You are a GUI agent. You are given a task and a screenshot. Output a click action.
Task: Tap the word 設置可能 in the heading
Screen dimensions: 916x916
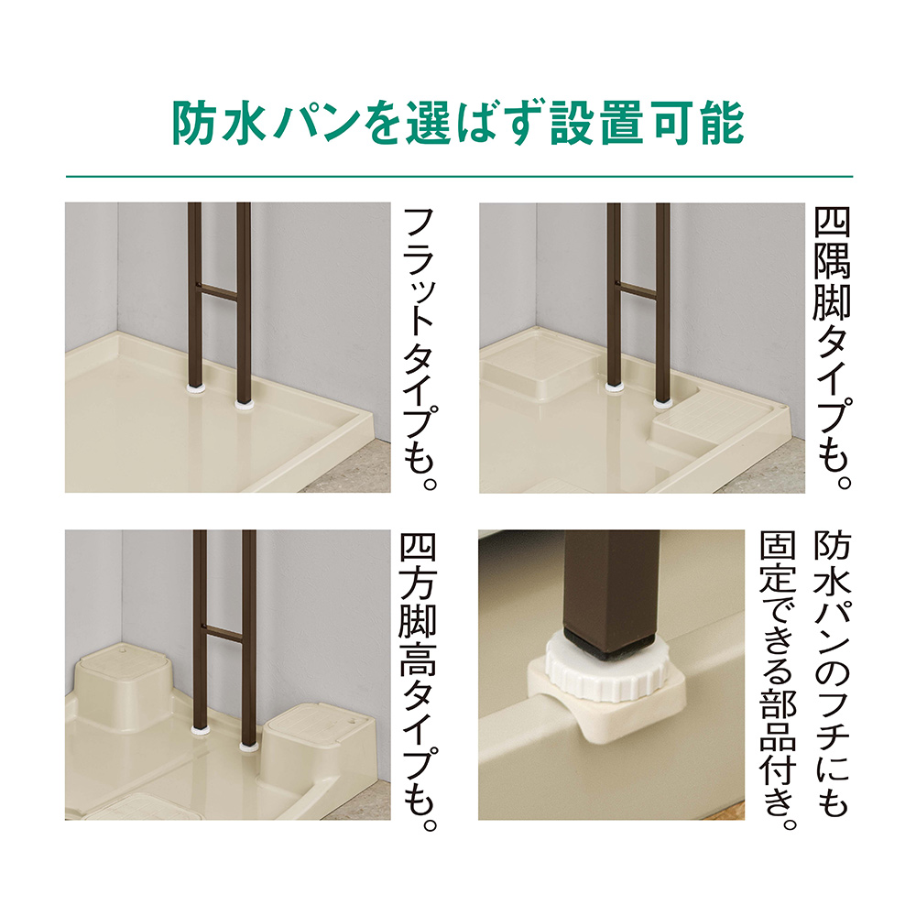tap(647, 124)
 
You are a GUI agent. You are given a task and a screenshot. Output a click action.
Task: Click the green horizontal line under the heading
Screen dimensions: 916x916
tap(459, 176)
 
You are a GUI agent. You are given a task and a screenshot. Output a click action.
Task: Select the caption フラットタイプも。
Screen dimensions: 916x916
tap(420, 349)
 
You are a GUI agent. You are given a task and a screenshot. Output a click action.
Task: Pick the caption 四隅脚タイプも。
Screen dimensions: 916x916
tap(833, 348)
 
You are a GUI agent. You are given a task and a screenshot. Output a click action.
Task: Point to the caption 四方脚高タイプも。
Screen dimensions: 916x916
tap(419, 682)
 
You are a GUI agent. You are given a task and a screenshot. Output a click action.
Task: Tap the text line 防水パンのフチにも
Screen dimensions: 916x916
tap(833, 674)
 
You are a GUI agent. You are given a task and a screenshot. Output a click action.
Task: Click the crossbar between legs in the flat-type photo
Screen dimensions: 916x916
tap(219, 293)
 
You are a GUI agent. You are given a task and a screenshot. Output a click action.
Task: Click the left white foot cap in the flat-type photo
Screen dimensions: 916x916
tap(195, 387)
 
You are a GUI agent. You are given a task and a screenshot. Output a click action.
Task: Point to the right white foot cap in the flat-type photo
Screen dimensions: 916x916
tap(245, 402)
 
